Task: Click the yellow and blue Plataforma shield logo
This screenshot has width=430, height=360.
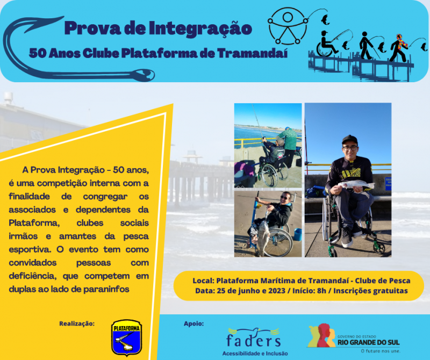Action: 126,338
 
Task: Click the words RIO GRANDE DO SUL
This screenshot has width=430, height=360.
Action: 368,342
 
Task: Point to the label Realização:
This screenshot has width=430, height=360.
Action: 77,323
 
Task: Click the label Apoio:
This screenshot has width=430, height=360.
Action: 193,323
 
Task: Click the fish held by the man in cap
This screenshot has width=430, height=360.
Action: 356,185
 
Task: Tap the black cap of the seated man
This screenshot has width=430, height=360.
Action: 350,139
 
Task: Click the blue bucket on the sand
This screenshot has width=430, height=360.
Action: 298,234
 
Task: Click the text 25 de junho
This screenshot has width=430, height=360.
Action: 235,291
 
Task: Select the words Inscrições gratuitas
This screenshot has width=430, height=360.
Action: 370,291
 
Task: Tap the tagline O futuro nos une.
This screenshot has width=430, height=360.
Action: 381,351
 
